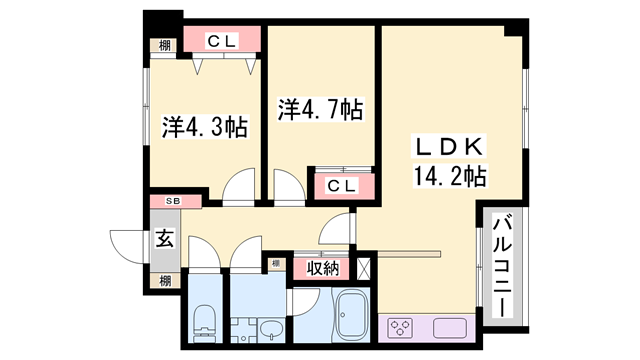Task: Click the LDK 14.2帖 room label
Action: tap(449, 161)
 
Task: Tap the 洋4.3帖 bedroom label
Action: tap(205, 128)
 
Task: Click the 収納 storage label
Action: tap(323, 267)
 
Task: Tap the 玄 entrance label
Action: tap(162, 241)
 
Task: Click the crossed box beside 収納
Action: tap(364, 267)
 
